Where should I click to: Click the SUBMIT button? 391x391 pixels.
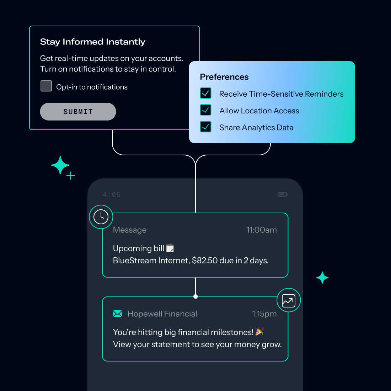pyautogui.click(x=78, y=112)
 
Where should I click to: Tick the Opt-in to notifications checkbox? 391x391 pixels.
pyautogui.click(x=46, y=86)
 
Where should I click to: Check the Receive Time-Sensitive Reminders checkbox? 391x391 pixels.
pyautogui.click(x=205, y=93)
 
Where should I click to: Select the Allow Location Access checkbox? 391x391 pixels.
pyautogui.click(x=205, y=110)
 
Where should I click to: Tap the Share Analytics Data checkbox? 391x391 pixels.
pyautogui.click(x=205, y=127)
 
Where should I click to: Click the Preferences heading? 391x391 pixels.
pyautogui.click(x=224, y=77)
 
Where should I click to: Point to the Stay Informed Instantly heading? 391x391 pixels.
pyautogui.click(x=92, y=42)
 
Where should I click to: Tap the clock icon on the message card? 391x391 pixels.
pyautogui.click(x=101, y=217)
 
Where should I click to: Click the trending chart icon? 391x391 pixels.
pyautogui.click(x=288, y=300)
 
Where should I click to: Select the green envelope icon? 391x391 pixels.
pyautogui.click(x=117, y=314)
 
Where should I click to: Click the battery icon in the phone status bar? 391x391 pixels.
pyautogui.click(x=282, y=194)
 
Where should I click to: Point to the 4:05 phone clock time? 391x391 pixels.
pyautogui.click(x=112, y=195)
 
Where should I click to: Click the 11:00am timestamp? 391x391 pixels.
pyautogui.click(x=261, y=230)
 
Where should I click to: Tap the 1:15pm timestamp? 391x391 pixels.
pyautogui.click(x=264, y=314)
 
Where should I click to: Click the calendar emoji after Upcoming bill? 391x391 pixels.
pyautogui.click(x=170, y=248)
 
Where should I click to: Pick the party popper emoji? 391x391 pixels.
pyautogui.click(x=259, y=332)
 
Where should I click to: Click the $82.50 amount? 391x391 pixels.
pyautogui.click(x=205, y=261)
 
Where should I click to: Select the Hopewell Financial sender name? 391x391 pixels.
pyautogui.click(x=162, y=314)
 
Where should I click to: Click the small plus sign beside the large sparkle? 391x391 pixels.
pyautogui.click(x=71, y=176)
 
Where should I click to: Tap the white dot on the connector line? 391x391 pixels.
pyautogui.click(x=195, y=296)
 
